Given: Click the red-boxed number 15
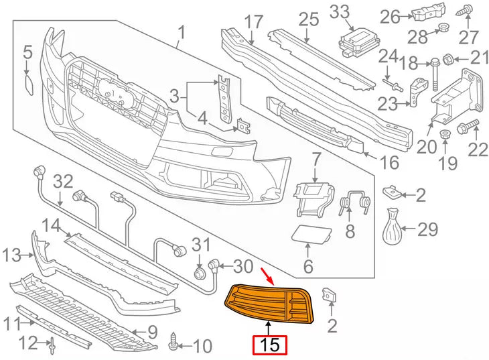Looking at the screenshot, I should (269, 345).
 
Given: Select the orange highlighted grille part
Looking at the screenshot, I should (268, 302).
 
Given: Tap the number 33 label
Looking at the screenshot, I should (339, 11).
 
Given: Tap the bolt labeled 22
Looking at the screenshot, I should (467, 125).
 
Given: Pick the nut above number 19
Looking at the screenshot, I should (443, 136).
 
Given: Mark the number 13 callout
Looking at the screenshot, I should (12, 255).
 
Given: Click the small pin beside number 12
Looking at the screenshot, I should (52, 345).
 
